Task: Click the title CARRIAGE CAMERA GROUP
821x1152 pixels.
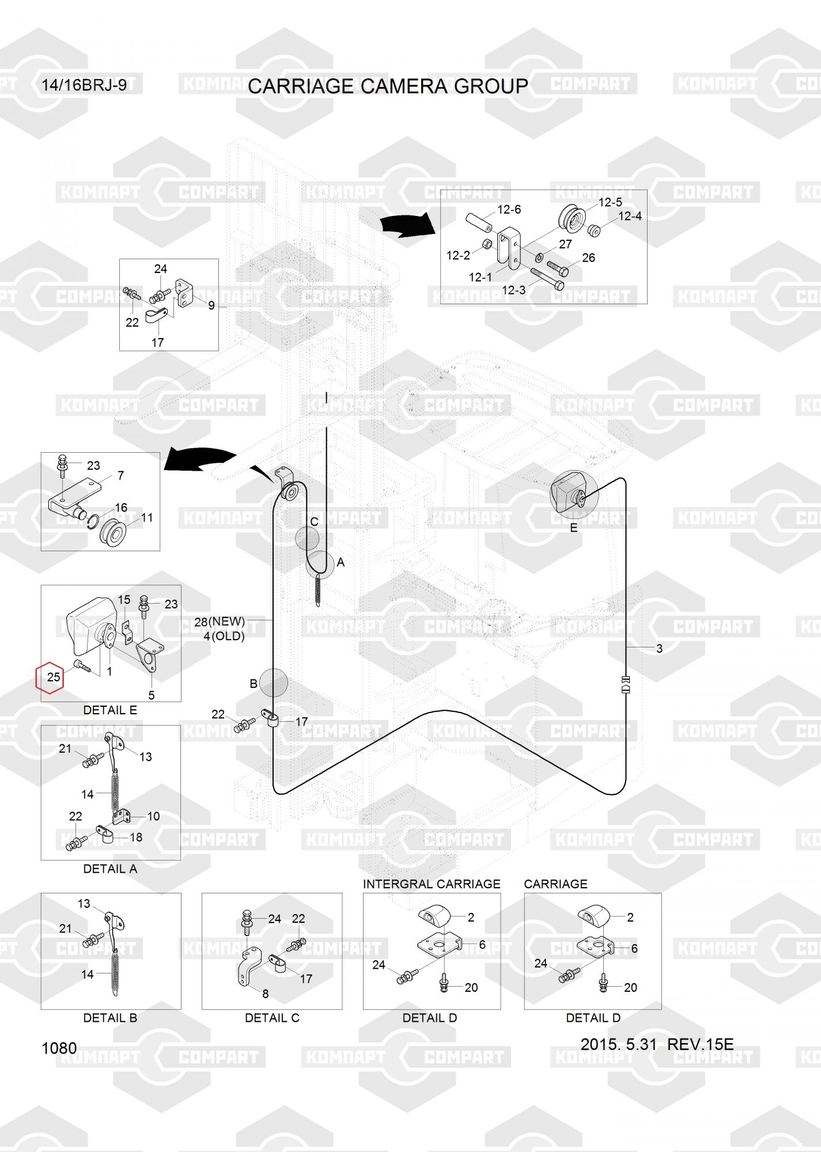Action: (x=388, y=86)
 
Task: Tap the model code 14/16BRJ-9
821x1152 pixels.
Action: (x=84, y=85)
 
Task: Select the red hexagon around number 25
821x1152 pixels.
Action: (x=51, y=677)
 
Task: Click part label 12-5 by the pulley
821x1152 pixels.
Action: (x=610, y=202)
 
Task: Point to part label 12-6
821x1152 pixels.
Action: (x=509, y=210)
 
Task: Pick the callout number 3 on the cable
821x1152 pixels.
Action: (x=659, y=649)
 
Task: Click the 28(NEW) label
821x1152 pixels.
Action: (x=220, y=622)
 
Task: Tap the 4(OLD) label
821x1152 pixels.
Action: (x=224, y=636)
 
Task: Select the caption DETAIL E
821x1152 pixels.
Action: (x=110, y=710)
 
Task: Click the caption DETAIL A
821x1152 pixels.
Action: (x=110, y=869)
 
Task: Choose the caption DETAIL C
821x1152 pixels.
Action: (x=272, y=1018)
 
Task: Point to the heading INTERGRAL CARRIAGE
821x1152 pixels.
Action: (x=432, y=884)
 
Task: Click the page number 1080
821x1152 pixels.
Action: (x=59, y=1048)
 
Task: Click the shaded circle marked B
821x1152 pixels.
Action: (x=273, y=683)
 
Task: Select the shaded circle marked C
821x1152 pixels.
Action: (x=307, y=538)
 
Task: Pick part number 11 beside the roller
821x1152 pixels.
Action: (x=147, y=517)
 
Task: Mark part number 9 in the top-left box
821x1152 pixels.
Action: (x=211, y=305)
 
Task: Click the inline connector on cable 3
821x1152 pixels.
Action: (x=627, y=684)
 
